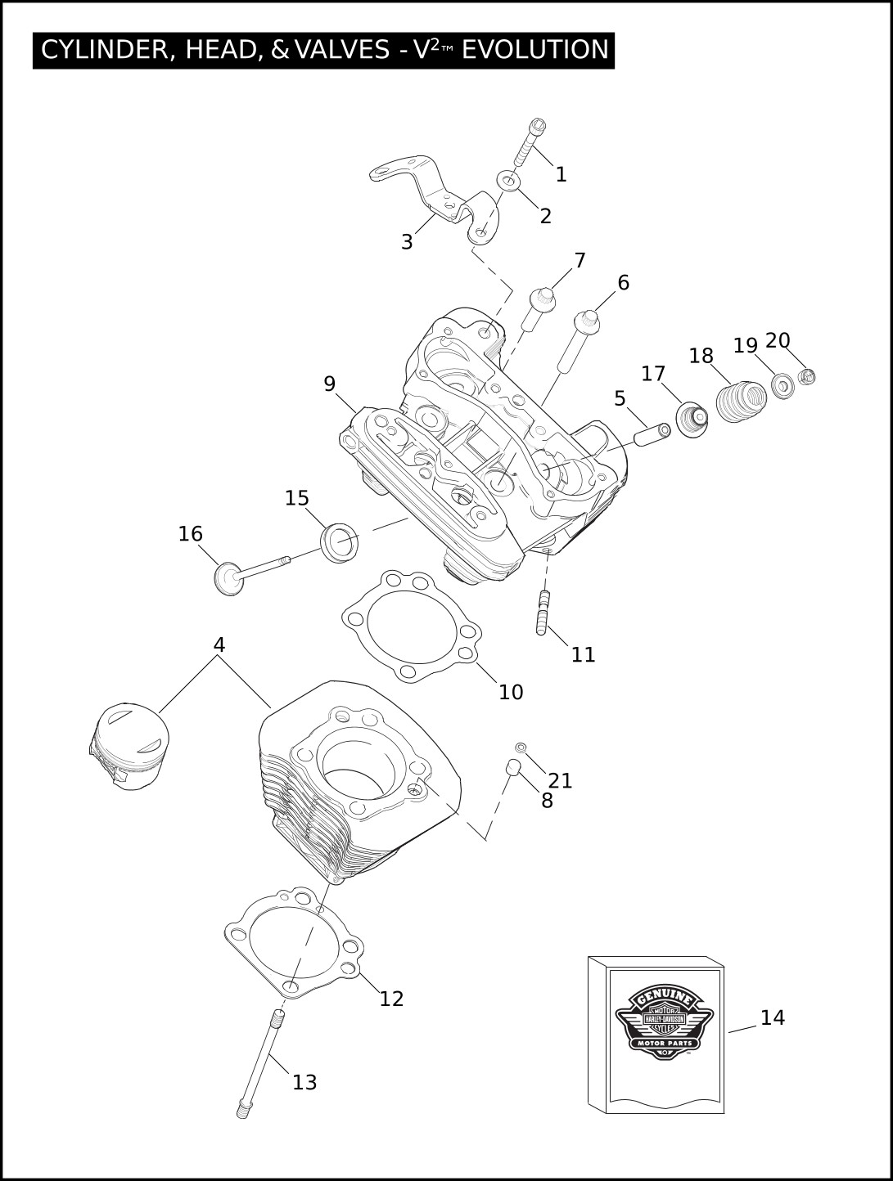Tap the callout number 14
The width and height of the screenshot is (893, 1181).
[772, 1017]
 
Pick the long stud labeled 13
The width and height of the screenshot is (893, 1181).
[259, 1064]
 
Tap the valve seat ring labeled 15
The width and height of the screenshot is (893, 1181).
[339, 543]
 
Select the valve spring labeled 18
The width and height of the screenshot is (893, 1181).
[741, 401]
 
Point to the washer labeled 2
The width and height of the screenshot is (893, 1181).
[508, 181]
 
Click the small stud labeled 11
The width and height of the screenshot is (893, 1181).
[542, 613]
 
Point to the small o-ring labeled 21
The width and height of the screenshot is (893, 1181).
[521, 747]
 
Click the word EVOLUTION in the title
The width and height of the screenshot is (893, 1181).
[535, 50]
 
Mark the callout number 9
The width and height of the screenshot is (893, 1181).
[329, 384]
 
